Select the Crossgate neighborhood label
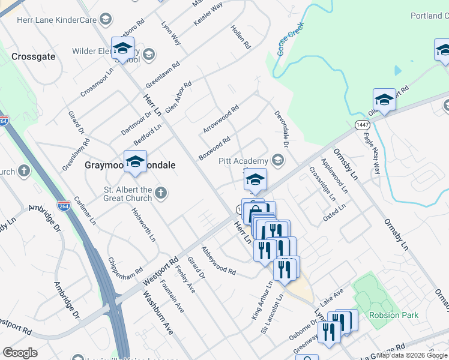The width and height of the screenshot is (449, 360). (34, 56)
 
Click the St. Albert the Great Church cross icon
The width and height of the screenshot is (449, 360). (160, 193)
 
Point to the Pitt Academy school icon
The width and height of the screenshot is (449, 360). (277, 160)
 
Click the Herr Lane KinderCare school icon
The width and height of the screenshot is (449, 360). (105, 20)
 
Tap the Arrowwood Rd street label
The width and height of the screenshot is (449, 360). (221, 119)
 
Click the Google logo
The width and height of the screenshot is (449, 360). (20, 353)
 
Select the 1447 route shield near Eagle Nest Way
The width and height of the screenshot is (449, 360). (362, 125)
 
